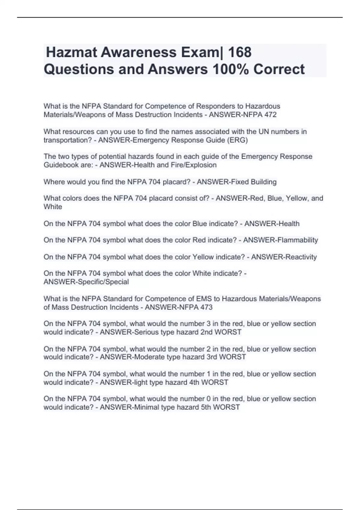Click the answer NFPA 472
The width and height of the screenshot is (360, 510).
pos(259,115)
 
